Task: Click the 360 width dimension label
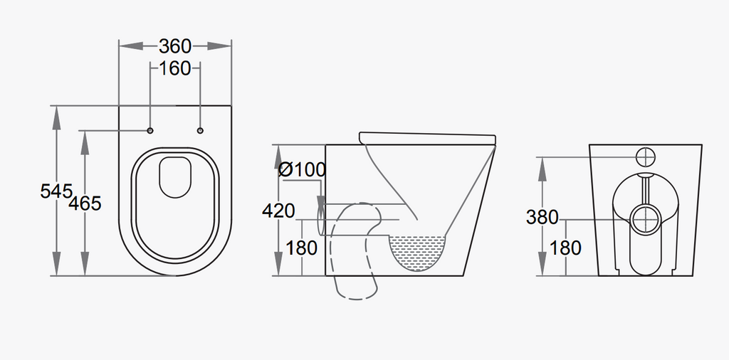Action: click(175, 46)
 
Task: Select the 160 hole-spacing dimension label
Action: click(175, 68)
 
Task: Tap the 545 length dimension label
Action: click(56, 191)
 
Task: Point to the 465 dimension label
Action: click(85, 203)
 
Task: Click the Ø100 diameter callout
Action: click(302, 169)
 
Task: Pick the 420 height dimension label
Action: click(278, 211)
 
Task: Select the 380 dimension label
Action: click(542, 217)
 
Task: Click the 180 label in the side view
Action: click(301, 248)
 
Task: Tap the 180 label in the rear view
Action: click(565, 248)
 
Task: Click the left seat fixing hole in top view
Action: click(150, 130)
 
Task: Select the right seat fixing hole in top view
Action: click(200, 130)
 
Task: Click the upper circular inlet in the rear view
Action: click(645, 157)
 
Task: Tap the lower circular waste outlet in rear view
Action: click(645, 220)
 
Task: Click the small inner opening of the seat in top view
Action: click(175, 177)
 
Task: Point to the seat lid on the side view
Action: click(428, 138)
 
